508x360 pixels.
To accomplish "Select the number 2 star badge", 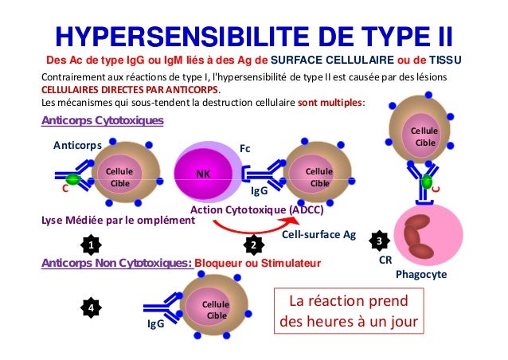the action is [x=253, y=243].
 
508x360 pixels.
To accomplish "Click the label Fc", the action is [x=245, y=147].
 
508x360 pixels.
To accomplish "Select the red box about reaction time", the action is [x=347, y=313].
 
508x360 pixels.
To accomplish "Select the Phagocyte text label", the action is [x=421, y=274].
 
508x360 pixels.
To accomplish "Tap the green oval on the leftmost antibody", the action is [x=73, y=180].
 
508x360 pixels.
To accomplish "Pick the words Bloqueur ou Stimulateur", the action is [x=257, y=261].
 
